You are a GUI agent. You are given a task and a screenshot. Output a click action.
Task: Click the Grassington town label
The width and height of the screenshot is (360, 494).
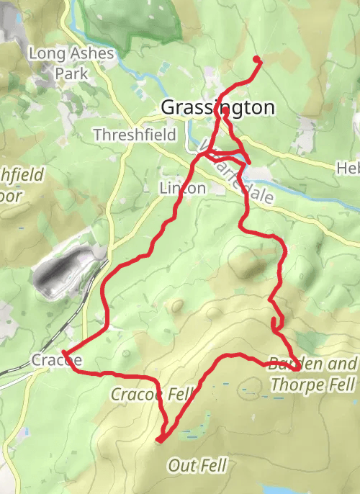click(217, 107)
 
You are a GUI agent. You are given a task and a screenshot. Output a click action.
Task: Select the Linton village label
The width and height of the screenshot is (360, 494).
click(182, 189)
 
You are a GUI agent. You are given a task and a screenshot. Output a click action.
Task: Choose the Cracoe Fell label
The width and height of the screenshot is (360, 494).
click(152, 394)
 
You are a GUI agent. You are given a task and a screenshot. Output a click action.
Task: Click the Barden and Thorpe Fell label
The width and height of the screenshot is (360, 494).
click(312, 374)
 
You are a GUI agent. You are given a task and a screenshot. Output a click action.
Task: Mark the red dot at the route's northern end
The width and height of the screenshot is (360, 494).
click(257, 59)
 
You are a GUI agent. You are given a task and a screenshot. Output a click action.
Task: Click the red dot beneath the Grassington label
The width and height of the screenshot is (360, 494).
click(225, 112)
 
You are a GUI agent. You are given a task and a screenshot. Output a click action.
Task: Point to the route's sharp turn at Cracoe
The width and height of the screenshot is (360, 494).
click(65, 353)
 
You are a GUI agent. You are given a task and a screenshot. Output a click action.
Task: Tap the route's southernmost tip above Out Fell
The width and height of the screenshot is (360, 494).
click(160, 439)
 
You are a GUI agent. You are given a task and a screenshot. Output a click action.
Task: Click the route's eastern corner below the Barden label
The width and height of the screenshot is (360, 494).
click(297, 369)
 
